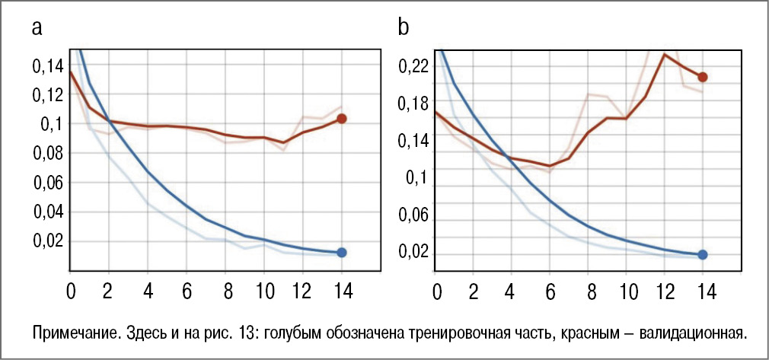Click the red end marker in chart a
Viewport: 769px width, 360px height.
342,119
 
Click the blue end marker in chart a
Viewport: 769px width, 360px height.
342,252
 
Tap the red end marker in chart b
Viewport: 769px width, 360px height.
703,77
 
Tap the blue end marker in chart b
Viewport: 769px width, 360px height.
703,255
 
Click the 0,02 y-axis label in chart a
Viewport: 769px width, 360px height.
48,242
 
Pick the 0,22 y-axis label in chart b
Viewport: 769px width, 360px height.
413,67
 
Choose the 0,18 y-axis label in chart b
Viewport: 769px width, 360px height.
413,104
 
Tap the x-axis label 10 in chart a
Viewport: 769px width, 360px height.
263,290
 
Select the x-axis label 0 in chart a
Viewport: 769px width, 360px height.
71,290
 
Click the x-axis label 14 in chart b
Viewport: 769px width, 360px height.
703,290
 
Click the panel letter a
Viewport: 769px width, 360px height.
37,30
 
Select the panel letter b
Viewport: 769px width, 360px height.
404,28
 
